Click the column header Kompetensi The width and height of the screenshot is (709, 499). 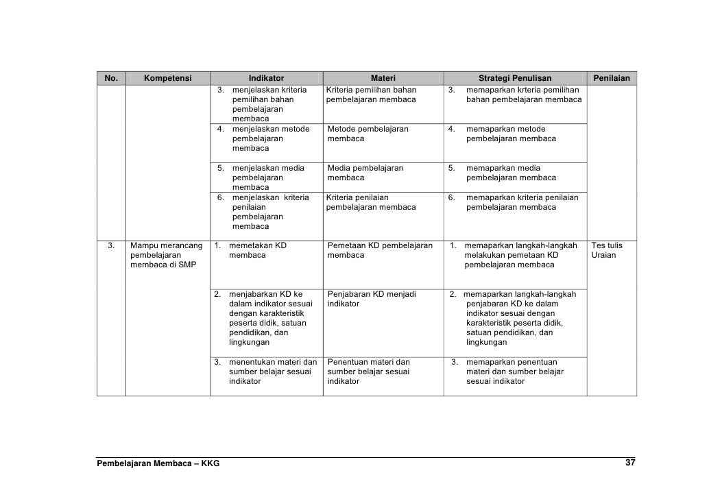click(x=167, y=78)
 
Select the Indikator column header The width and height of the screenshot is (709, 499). click(x=266, y=78)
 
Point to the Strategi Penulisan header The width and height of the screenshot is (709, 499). click(x=514, y=78)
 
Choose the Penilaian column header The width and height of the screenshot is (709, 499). click(x=612, y=78)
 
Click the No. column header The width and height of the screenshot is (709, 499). click(x=111, y=78)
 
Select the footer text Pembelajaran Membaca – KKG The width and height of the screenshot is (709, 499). click(x=158, y=464)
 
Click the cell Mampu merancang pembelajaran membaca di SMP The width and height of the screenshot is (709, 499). click(x=167, y=255)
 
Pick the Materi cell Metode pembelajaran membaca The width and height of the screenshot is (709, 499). click(x=368, y=134)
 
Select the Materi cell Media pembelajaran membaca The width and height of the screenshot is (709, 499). click(x=365, y=173)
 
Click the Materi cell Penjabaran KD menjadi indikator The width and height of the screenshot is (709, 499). click(x=371, y=299)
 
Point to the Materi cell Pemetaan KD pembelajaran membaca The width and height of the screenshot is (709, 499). click(x=380, y=250)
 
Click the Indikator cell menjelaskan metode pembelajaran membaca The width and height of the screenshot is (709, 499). click(x=270, y=138)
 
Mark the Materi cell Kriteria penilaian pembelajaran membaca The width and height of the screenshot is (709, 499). click(x=371, y=202)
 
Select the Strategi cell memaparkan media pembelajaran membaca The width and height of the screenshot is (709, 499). click(x=510, y=173)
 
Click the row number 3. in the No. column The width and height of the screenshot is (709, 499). click(x=110, y=245)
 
